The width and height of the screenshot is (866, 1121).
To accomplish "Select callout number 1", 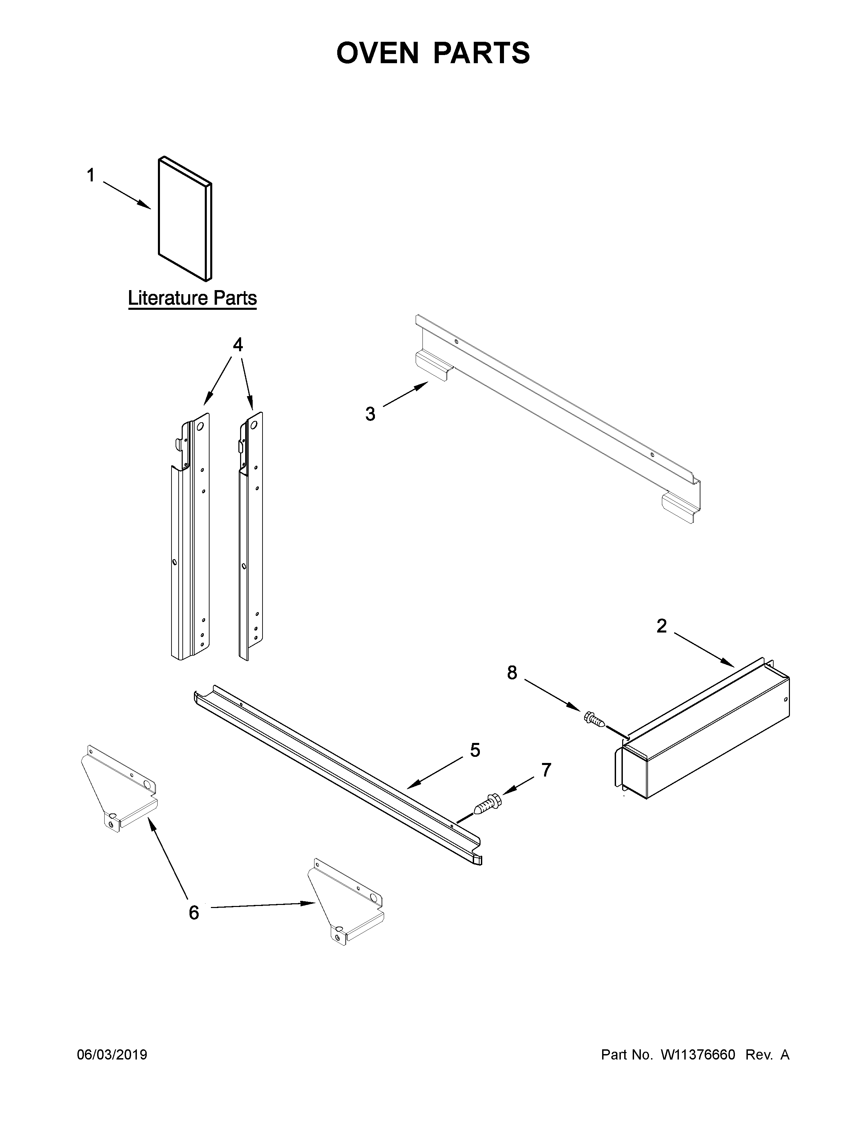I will click(x=91, y=176).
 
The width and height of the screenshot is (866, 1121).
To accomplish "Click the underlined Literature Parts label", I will click(x=192, y=298).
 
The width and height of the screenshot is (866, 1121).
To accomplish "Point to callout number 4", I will click(x=237, y=345).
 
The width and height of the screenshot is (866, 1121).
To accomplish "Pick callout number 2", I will click(x=662, y=626).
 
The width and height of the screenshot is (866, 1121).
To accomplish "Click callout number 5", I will click(x=475, y=750).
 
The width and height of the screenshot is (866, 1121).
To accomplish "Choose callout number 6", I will click(x=194, y=913).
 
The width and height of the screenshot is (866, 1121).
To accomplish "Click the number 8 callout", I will click(x=512, y=673).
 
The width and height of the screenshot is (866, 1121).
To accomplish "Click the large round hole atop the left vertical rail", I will click(x=200, y=426).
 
